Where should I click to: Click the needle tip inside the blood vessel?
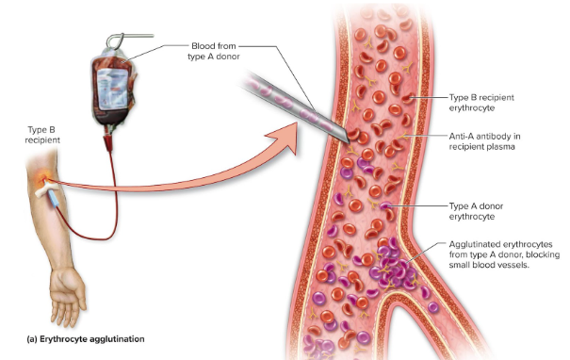click(337, 138)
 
